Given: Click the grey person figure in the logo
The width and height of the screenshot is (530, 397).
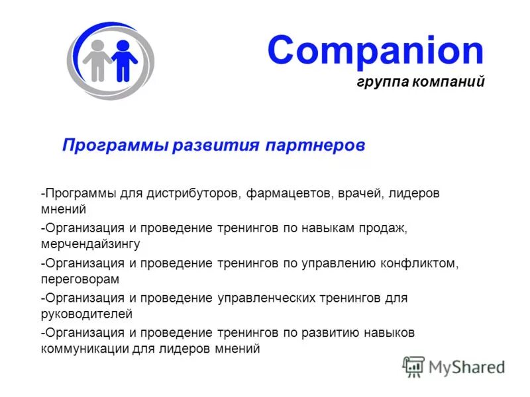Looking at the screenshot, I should pos(97,60).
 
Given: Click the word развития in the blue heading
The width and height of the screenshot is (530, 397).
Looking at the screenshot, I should pos(217,145).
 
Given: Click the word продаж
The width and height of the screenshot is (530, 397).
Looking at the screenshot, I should pos(387,228).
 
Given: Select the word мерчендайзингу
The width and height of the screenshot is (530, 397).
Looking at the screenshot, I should pos(90,244).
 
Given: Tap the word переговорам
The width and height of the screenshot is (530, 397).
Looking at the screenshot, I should pos(80,279).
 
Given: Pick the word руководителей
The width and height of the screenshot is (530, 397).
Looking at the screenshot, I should pos(87,314).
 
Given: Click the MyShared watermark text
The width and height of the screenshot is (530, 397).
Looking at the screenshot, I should pos(466,367).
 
